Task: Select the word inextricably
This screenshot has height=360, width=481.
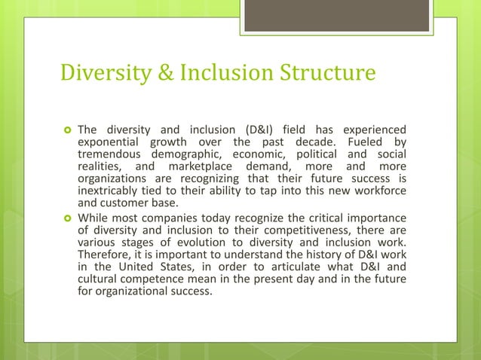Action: coord(110,191)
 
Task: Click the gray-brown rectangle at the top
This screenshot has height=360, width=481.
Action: coord(337,16)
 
